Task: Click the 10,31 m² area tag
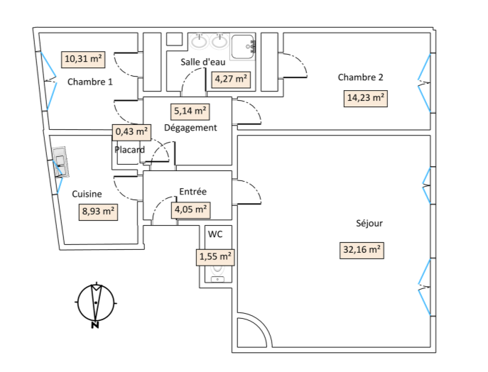click(x=83, y=59)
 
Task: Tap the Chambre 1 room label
click(x=90, y=82)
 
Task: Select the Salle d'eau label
click(x=203, y=62)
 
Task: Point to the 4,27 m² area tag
click(x=231, y=79)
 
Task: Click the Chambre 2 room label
click(x=360, y=77)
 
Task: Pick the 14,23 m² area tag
click(x=366, y=98)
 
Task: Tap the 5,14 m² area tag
click(x=190, y=111)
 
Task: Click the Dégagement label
click(x=190, y=128)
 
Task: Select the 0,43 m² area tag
click(x=131, y=132)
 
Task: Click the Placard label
click(x=129, y=150)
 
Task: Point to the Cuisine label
click(x=87, y=194)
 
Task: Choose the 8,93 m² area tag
click(x=98, y=212)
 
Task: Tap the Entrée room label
click(x=193, y=192)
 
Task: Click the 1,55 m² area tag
click(x=215, y=257)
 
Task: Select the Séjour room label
click(x=369, y=224)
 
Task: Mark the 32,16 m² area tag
click(x=362, y=250)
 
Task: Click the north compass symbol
click(x=96, y=304)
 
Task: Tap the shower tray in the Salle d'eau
click(x=243, y=47)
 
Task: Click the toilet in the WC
click(x=217, y=274)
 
